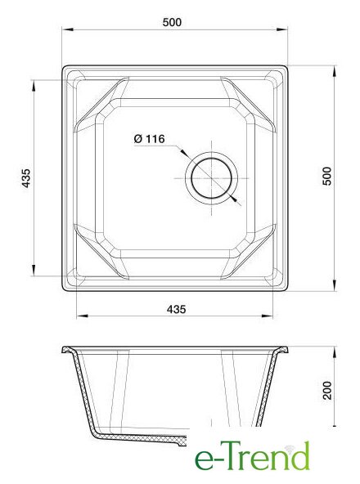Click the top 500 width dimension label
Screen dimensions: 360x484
coord(172,22)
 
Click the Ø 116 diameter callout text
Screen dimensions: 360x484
coord(149,139)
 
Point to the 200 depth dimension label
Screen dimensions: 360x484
coord(327,391)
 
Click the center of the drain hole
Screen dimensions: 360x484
coord(211,178)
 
